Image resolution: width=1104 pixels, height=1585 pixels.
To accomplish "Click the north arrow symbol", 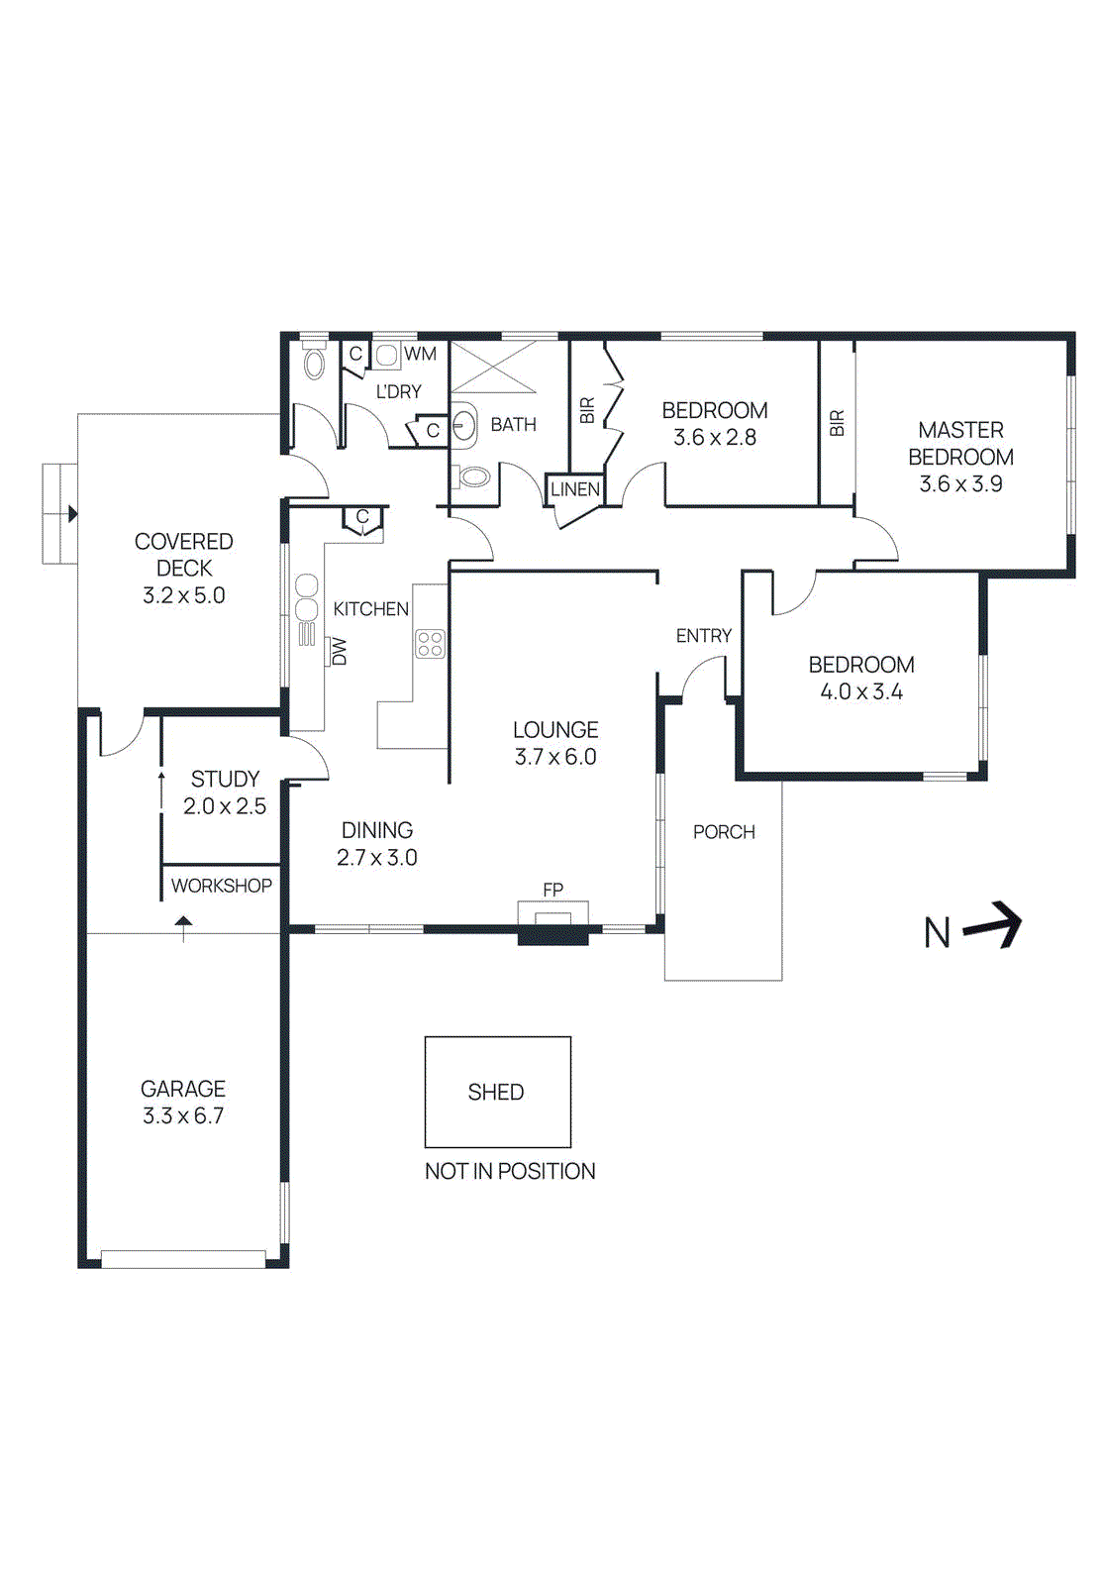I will (x=993, y=925).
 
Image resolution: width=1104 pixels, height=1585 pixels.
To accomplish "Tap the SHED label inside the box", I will (x=496, y=1092).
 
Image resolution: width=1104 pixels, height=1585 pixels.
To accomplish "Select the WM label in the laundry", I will (x=420, y=354).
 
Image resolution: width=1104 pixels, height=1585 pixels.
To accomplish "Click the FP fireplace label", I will (x=552, y=890).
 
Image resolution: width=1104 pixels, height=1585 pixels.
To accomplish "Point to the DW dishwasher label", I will (x=340, y=651).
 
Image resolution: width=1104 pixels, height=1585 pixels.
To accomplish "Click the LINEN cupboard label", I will (x=574, y=489).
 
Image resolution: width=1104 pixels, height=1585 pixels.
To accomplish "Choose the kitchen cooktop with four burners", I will (x=430, y=644).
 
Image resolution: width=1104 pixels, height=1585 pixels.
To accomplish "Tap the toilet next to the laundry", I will (x=314, y=364).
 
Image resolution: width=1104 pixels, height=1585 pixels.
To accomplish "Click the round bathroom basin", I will (x=464, y=427).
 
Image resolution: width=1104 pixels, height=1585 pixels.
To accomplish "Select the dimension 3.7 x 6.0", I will (x=555, y=757).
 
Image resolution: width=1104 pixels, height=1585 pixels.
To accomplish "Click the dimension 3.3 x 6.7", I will (x=183, y=1115).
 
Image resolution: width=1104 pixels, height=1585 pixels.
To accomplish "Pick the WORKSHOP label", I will (x=222, y=886).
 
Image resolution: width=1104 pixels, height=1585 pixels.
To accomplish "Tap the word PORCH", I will (x=724, y=832).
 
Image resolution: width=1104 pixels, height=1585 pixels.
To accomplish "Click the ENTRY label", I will (x=704, y=636).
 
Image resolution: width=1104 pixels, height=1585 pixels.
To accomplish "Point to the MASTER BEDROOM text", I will (x=960, y=444).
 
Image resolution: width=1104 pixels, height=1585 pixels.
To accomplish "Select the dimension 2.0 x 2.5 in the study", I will (x=225, y=806).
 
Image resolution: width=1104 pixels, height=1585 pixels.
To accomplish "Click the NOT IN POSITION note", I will (x=510, y=1171).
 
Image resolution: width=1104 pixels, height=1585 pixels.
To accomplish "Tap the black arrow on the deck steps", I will (x=72, y=514).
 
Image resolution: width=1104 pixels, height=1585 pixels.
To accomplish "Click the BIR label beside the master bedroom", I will (x=837, y=423).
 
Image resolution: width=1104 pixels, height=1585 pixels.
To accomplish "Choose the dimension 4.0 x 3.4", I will (x=860, y=691).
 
